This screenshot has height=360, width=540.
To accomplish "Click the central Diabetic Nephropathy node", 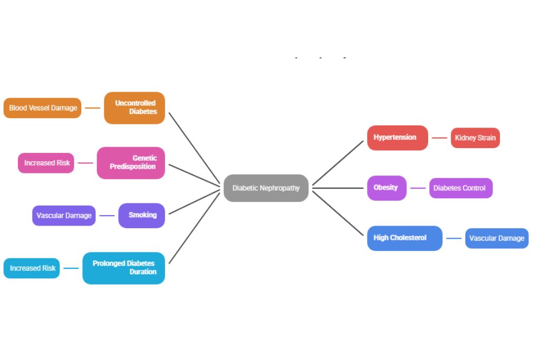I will point(266,188).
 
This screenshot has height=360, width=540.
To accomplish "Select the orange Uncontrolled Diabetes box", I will point(134,108).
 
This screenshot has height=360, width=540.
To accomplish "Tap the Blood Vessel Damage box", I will point(43,108).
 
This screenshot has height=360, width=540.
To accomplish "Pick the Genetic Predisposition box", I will point(131,163).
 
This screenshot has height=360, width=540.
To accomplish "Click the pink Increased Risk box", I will point(46,163).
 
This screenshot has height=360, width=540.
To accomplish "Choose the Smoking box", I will point(141,216).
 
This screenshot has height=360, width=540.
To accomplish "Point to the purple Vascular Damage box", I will point(64,216).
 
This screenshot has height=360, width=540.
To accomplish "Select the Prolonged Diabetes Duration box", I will point(124,268).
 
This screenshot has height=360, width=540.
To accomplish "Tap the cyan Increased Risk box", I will point(32,268).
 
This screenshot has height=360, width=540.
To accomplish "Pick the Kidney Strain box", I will point(475,138).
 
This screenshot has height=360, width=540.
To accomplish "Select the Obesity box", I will point(387,188).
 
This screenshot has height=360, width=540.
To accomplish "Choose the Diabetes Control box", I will point(460,188).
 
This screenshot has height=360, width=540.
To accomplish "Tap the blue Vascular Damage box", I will point(497,238).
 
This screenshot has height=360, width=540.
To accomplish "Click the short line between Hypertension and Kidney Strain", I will point(439,138).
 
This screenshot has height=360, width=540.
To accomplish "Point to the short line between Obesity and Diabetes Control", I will point(418,188).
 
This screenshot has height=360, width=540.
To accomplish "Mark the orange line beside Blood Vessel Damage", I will point(92,108).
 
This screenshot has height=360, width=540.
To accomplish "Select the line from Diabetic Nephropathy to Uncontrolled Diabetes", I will point(194,149).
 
